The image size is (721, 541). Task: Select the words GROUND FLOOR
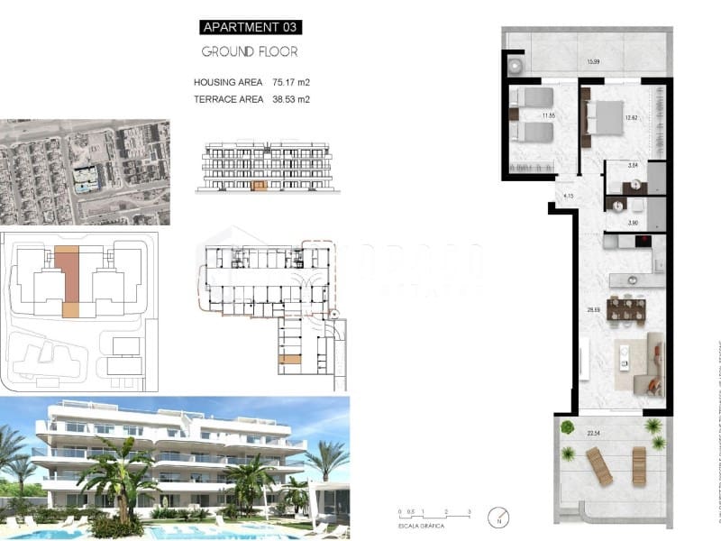pos(249,51)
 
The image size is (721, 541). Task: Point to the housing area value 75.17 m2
pos(290,82)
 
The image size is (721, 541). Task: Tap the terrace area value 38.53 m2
pos(290,99)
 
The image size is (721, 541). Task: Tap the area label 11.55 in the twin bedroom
pos(547,116)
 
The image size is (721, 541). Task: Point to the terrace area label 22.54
pos(593,433)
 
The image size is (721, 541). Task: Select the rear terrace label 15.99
pos(593,62)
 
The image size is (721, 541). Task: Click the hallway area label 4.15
pos(568,196)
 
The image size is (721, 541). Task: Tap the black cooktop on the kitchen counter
pos(643,240)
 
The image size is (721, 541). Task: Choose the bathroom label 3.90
pos(633,222)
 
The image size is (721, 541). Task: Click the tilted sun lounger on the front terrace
pos(600,466)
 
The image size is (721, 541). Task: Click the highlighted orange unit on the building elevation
pos(260,186)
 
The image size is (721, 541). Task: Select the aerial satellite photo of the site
pos(85,172)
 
